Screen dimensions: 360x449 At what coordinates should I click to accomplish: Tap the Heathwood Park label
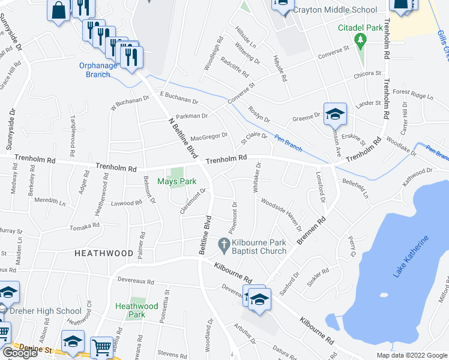pyautogui.click(x=137, y=310)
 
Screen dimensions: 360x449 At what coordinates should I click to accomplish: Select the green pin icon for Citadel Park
pyautogui.click(x=360, y=41)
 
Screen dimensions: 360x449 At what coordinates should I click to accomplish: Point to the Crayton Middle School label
pyautogui.click(x=340, y=10)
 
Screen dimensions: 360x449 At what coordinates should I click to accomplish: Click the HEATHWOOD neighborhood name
pyautogui.click(x=103, y=254)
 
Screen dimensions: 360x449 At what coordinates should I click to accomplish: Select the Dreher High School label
pyautogui.click(x=43, y=311)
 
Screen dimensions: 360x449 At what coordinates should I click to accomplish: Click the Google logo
pyautogui.click(x=20, y=353)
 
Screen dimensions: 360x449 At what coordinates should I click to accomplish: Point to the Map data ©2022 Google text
pyautogui.click(x=411, y=355)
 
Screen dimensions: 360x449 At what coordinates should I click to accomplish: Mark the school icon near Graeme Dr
pyautogui.click(x=334, y=113)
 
